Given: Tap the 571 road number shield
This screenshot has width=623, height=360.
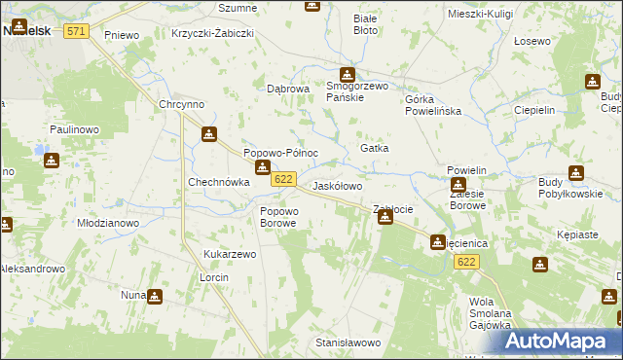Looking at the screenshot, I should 77,32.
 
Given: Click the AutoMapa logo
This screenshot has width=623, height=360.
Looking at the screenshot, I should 565,341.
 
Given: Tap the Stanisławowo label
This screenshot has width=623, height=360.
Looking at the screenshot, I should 348,342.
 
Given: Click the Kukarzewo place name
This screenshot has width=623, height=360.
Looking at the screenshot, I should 229,254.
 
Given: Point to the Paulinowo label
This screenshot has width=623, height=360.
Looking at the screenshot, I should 75,128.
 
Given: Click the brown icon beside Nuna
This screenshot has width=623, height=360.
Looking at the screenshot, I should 154,296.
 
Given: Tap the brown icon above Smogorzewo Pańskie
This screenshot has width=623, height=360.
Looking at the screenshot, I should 348,75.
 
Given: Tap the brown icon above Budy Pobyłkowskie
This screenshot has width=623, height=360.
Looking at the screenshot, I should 575,173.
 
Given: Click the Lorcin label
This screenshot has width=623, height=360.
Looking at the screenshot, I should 213,277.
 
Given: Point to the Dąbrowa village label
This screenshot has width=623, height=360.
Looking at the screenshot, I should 288,89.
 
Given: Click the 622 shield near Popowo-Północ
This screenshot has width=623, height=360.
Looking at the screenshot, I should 283,179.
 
